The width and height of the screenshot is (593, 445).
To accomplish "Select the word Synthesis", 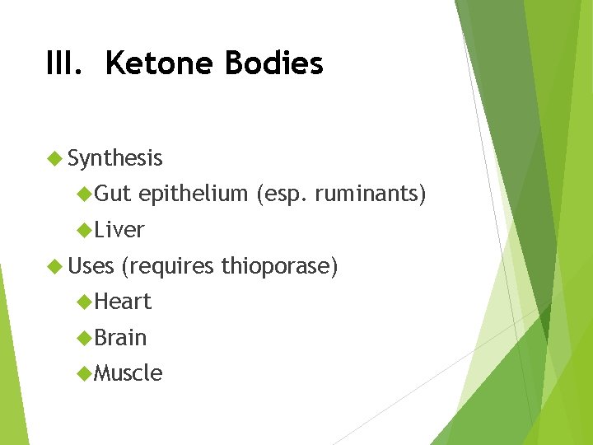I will pos(115,158).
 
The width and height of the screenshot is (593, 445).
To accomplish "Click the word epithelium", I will pos(194,194).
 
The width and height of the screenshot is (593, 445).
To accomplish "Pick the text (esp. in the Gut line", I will pos(279,194).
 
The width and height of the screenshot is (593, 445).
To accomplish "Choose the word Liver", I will pos(119,230).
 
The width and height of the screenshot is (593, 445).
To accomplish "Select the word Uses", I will pos(91,266).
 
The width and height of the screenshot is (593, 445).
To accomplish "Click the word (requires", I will pos(166,266).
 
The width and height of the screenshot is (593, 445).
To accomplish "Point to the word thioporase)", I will pos(278,266).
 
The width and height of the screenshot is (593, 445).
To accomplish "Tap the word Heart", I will pos(123,302).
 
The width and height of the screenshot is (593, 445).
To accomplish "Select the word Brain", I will pos(120,338).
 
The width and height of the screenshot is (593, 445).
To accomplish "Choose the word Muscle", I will pos(128,373).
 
